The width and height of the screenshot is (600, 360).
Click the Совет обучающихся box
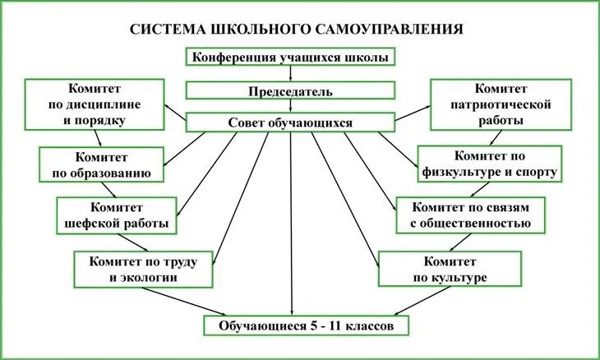pos(291,122)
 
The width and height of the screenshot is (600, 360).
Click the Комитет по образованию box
pos(101,164)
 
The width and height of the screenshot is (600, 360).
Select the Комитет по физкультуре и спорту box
pos(491,164)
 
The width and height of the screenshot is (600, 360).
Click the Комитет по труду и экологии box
pos(145,269)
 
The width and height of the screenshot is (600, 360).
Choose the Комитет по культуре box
pos(450,269)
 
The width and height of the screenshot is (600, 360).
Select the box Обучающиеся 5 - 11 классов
pos(307,325)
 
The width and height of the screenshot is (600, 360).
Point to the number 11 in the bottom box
pos(335,325)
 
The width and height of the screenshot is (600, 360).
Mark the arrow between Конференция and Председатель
pos(291,73)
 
